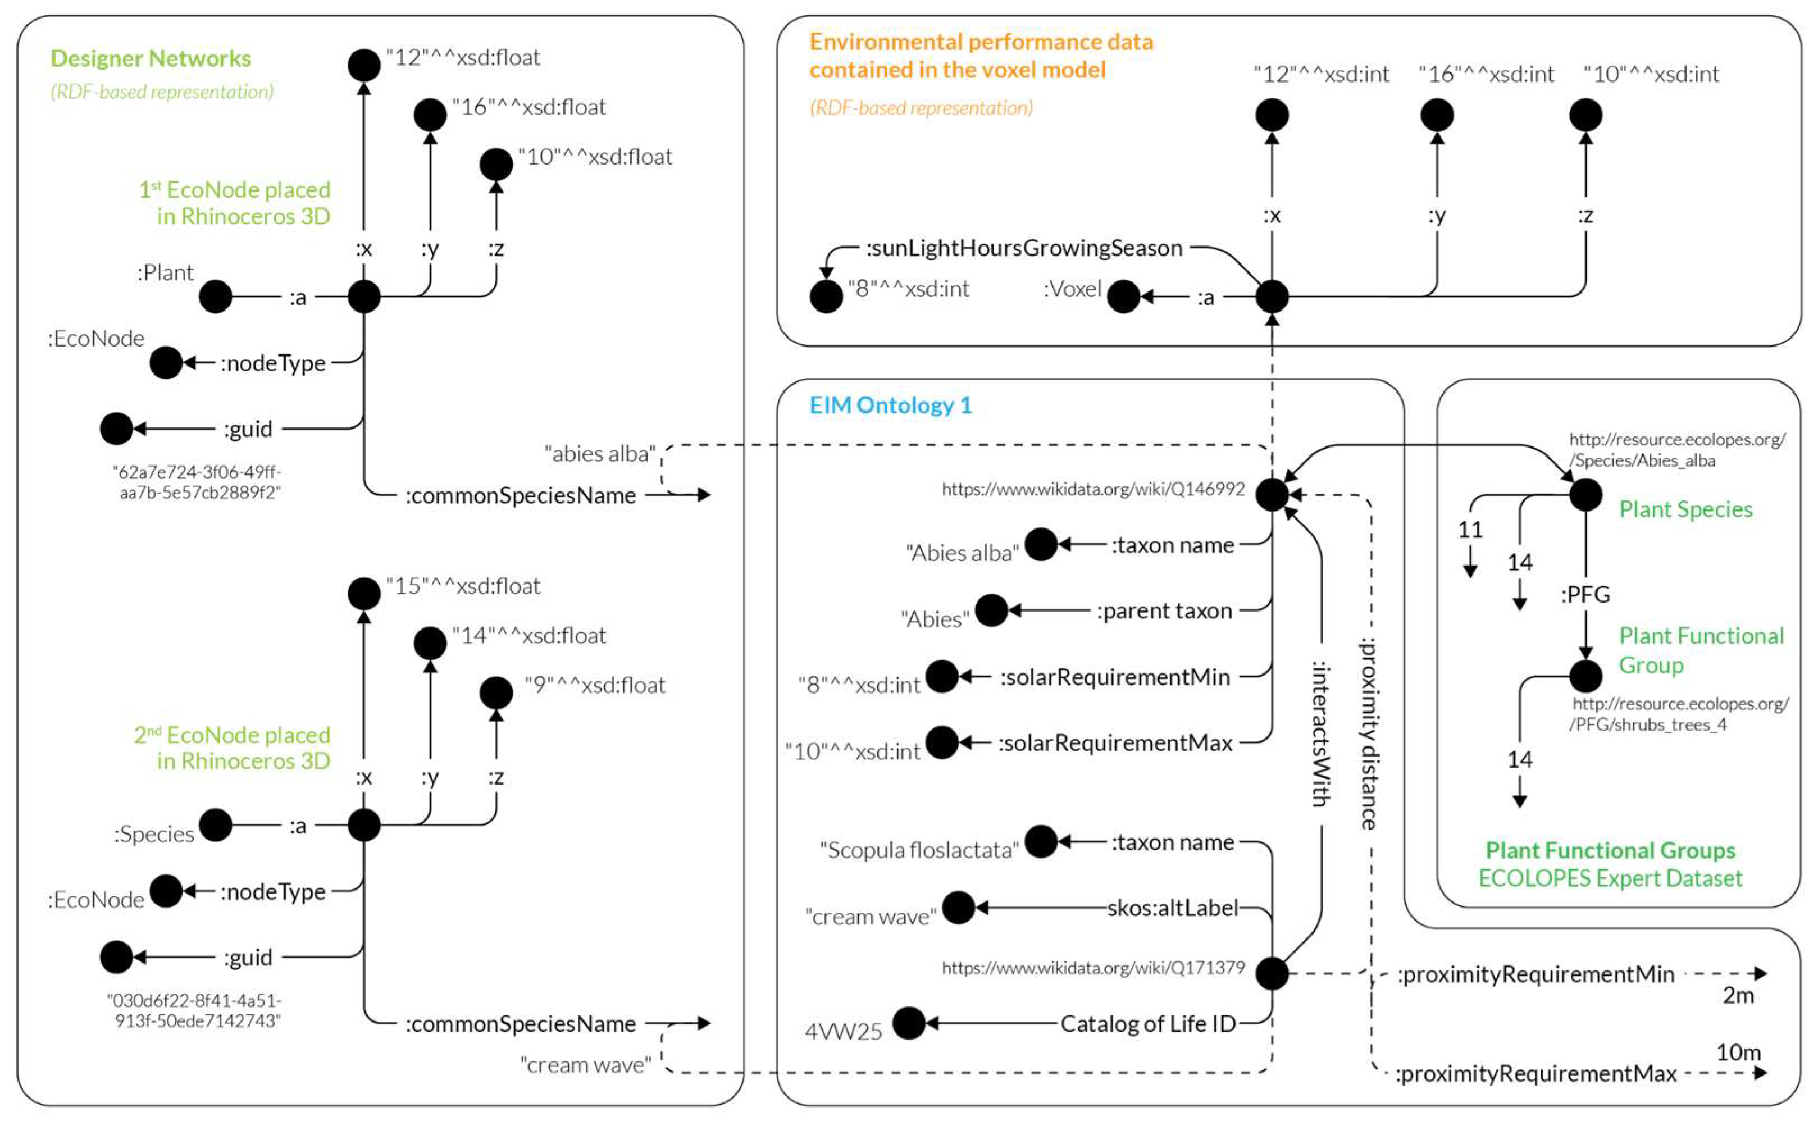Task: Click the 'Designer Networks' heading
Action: [x=151, y=58]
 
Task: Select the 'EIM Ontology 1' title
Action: [x=890, y=405]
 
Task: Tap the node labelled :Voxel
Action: [x=1123, y=297]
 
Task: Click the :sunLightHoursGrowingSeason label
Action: [x=1024, y=248]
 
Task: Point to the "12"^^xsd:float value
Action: [x=463, y=58]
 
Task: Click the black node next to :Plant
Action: [x=216, y=297]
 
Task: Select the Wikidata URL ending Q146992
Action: [x=1093, y=489]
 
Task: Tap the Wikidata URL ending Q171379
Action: [x=1093, y=968]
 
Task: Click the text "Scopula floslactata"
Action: [x=919, y=850]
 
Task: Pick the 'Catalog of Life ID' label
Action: [x=1148, y=1024]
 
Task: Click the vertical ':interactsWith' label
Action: [x=1320, y=734]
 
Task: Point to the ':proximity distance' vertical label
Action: [x=1369, y=734]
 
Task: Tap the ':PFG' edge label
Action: [x=1585, y=595]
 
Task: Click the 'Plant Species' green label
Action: [x=1685, y=510]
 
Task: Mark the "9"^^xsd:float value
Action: [x=595, y=685]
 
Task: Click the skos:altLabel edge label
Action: [x=1172, y=908]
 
